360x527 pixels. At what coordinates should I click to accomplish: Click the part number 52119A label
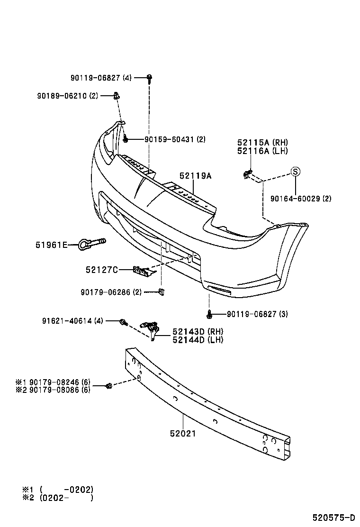tap(195, 176)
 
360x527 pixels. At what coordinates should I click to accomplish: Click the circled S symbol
tap(295, 172)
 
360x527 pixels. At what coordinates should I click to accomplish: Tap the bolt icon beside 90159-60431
tap(126, 139)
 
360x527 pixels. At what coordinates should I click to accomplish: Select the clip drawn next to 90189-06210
tap(117, 96)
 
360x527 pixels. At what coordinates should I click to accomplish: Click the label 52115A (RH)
tap(262, 143)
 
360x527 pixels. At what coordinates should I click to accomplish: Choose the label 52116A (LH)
tap(262, 151)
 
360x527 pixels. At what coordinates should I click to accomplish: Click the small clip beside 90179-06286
tap(162, 291)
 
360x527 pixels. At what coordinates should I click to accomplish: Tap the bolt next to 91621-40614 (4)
tap(123, 322)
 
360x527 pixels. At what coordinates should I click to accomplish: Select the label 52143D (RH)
tap(198, 331)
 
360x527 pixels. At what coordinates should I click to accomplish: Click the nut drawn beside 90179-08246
tap(108, 386)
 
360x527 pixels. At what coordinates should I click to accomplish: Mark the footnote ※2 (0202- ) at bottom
tap(57, 498)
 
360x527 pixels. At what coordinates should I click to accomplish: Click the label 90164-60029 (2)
tap(301, 199)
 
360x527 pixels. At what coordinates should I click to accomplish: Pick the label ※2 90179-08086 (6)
tap(53, 390)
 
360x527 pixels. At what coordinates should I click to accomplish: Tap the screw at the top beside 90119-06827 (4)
tap(149, 78)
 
